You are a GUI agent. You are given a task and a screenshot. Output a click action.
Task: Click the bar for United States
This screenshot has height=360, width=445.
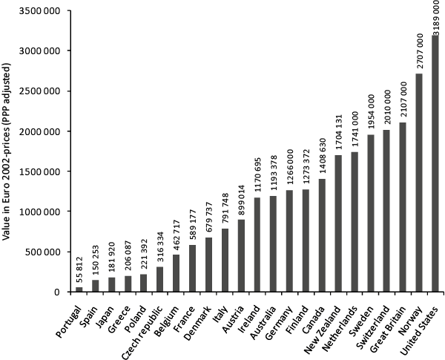(435, 163)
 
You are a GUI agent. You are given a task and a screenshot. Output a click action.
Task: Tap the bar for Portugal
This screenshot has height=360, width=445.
(79, 289)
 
